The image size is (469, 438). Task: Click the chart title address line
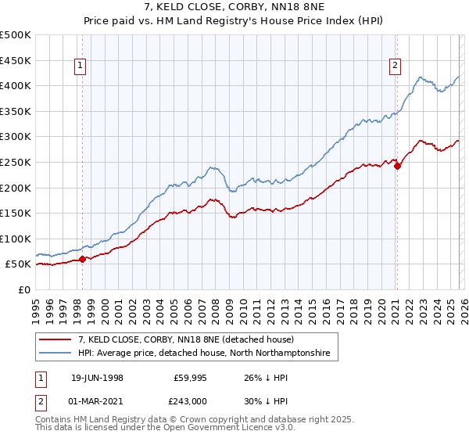point(234,8)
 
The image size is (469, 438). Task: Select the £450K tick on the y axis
point(16,60)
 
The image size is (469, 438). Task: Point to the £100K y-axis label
point(16,239)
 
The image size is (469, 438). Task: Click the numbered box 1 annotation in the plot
point(81,66)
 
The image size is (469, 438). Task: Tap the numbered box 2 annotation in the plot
point(396,66)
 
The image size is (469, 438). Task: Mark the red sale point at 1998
point(83,259)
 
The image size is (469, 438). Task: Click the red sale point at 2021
point(397,165)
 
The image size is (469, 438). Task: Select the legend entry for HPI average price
point(205,354)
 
